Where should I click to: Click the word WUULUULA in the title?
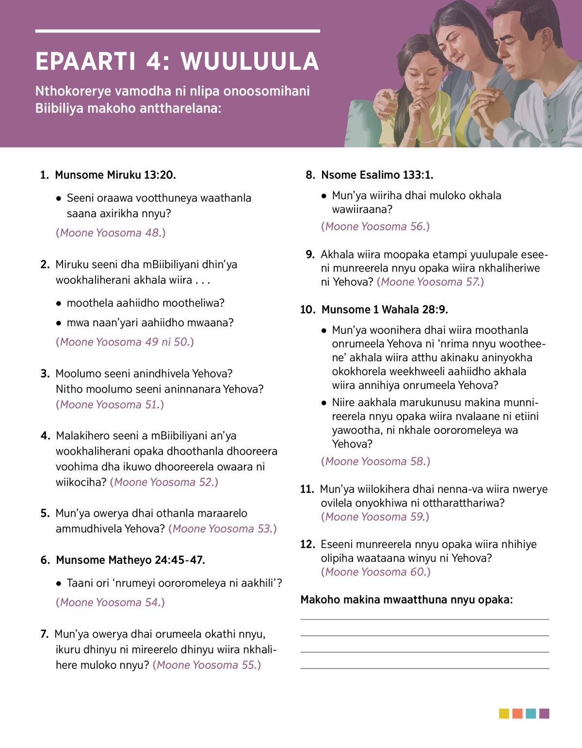pos(250,62)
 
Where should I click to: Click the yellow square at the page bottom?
pos(504,714)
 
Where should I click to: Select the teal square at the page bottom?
pos(531,714)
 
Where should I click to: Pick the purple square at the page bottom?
pos(544,714)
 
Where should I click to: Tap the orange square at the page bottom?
pos(517,714)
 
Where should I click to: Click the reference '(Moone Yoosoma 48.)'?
pos(111,233)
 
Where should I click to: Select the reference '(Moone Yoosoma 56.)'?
pos(375,226)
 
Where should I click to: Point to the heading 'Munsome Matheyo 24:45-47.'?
pos(130,560)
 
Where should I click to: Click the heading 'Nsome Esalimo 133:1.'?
pos(377,175)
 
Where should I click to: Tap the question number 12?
pos(307,544)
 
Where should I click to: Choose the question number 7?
pos(44,634)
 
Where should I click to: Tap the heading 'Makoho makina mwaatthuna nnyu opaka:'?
pos(406,600)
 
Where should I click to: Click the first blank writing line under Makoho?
pos(424,619)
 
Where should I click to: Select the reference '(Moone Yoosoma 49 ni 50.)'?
pos(125,342)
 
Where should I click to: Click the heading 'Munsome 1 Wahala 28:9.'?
pos(385,309)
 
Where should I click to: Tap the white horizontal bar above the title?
pos(178,31)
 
